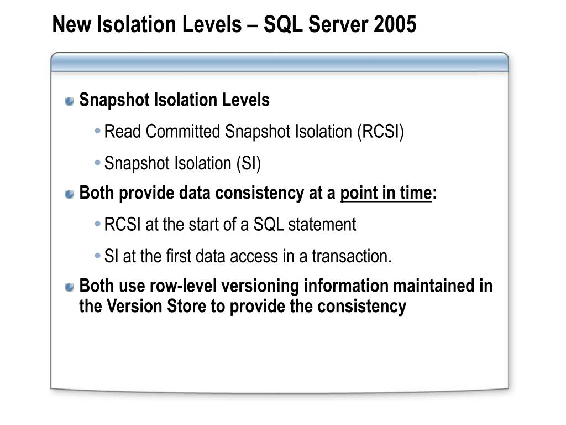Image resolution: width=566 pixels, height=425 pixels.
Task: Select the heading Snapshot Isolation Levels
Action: [174, 100]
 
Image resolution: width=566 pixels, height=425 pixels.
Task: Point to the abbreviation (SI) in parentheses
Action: [249, 163]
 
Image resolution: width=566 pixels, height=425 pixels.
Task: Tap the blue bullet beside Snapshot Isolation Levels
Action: [70, 101]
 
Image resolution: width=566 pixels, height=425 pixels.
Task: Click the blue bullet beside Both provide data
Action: [70, 194]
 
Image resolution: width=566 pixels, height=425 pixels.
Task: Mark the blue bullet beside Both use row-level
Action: [70, 287]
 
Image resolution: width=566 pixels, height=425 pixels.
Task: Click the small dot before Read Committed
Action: [97, 132]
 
